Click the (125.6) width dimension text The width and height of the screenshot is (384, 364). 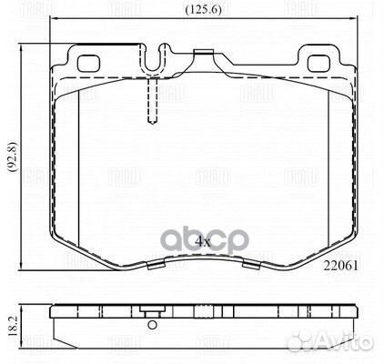click(x=196, y=10)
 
